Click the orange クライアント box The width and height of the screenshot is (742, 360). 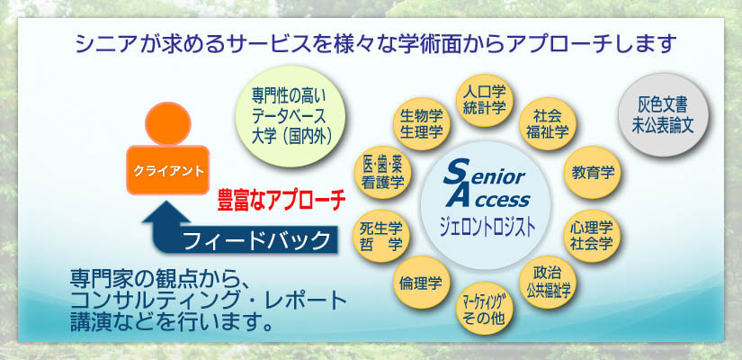pos(168,170)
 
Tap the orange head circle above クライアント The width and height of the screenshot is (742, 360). pos(168,123)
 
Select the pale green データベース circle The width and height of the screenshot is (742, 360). pos(291,116)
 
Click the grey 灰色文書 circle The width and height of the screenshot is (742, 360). pos(663,115)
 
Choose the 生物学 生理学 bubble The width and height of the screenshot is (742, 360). pos(421,123)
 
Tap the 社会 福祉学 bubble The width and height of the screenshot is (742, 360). pos(548,123)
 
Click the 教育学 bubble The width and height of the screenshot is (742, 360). pos(593,173)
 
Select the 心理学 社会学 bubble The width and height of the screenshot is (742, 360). pos(593,236)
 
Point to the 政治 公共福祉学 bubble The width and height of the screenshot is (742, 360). pos(548,283)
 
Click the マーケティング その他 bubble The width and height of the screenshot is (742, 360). pos(484,309)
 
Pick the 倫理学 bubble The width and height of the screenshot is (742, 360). pos(421,283)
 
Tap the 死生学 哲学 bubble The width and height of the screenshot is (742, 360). pos(381,236)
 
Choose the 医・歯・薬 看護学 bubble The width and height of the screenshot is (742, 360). pos(383,173)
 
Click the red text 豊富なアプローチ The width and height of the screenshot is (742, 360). pos(282,201)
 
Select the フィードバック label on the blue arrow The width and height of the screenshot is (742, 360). pos(255,240)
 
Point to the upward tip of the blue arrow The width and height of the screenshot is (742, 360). pos(165,201)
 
